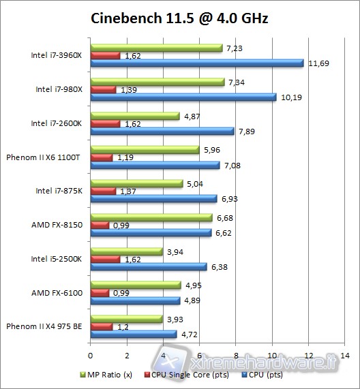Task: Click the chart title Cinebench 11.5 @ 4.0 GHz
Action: tap(179, 18)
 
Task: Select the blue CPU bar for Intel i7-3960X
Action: tap(196, 63)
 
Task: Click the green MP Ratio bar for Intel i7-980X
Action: tap(157, 82)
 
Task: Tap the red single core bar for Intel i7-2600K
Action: tap(105, 124)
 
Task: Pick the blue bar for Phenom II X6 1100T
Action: tap(155, 166)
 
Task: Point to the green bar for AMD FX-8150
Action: tap(151, 218)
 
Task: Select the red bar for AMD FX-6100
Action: tap(100, 293)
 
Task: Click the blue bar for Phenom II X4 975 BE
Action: tap(133, 334)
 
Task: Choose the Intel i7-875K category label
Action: tap(58, 191)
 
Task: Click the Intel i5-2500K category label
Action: tap(57, 258)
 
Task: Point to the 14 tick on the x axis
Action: tap(345, 356)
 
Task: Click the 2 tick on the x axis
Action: tap(127, 356)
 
